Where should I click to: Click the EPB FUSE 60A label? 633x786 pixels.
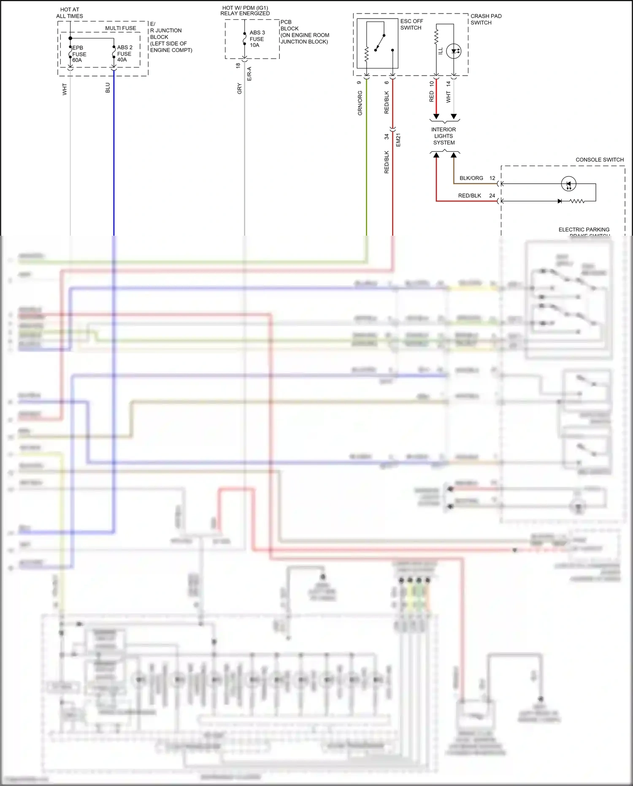tap(79, 54)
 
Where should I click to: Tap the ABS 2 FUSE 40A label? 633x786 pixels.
tap(124, 54)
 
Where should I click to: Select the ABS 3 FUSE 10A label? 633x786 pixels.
tap(257, 39)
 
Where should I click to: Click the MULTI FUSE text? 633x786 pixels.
tap(121, 28)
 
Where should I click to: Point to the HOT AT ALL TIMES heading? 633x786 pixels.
tap(70, 13)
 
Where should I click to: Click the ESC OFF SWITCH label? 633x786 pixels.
tap(411, 24)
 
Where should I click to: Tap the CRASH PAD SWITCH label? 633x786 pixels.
tap(486, 19)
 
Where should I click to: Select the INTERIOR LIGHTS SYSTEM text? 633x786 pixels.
tap(444, 136)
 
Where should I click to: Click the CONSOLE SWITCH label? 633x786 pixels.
tap(599, 160)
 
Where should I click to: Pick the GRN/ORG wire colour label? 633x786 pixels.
tap(360, 103)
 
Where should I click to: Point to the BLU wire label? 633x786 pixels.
tap(108, 88)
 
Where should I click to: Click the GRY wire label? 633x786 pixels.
tap(240, 89)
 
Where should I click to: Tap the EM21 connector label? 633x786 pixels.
tap(398, 140)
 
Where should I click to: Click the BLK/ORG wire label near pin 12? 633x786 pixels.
tap(471, 178)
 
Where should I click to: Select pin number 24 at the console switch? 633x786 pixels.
tap(492, 196)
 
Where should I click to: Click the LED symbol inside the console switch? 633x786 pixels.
tap(568, 184)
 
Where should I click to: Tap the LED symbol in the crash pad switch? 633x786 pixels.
tap(454, 51)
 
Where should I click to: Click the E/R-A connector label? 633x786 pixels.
tap(249, 74)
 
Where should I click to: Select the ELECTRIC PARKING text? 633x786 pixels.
tap(584, 230)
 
